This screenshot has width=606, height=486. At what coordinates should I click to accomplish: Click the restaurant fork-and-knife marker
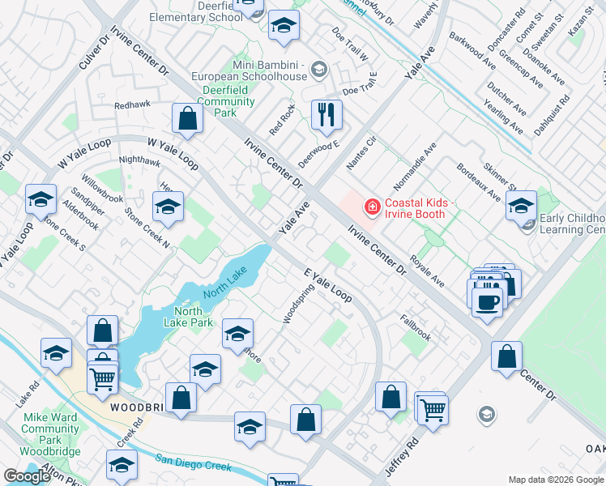click(x=326, y=115)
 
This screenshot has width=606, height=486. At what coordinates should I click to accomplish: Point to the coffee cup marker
click(x=486, y=302)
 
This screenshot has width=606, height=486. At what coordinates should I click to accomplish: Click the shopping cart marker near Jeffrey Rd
click(x=433, y=410)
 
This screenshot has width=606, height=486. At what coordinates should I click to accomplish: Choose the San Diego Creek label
click(x=194, y=462)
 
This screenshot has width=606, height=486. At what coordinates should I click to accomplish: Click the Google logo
click(x=27, y=476)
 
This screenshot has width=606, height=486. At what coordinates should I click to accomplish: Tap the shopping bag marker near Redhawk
click(x=187, y=118)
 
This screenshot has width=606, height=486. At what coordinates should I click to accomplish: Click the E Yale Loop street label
click(x=328, y=284)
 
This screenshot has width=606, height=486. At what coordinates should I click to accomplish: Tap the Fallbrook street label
click(x=415, y=326)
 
